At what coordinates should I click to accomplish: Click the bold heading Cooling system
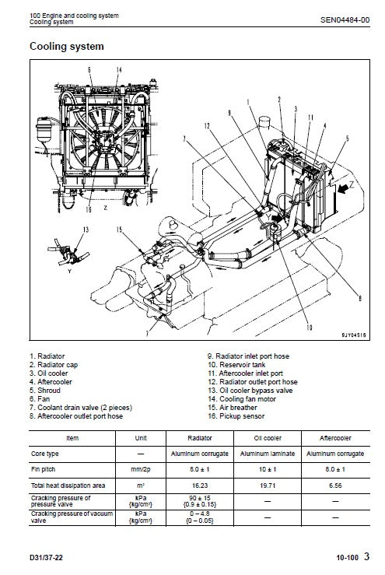click(x=66, y=47)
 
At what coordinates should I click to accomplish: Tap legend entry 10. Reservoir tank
click(x=233, y=363)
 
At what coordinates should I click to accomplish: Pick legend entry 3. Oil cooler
click(x=48, y=373)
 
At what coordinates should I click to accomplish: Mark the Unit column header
click(x=141, y=437)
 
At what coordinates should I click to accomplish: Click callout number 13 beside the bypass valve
click(x=86, y=230)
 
